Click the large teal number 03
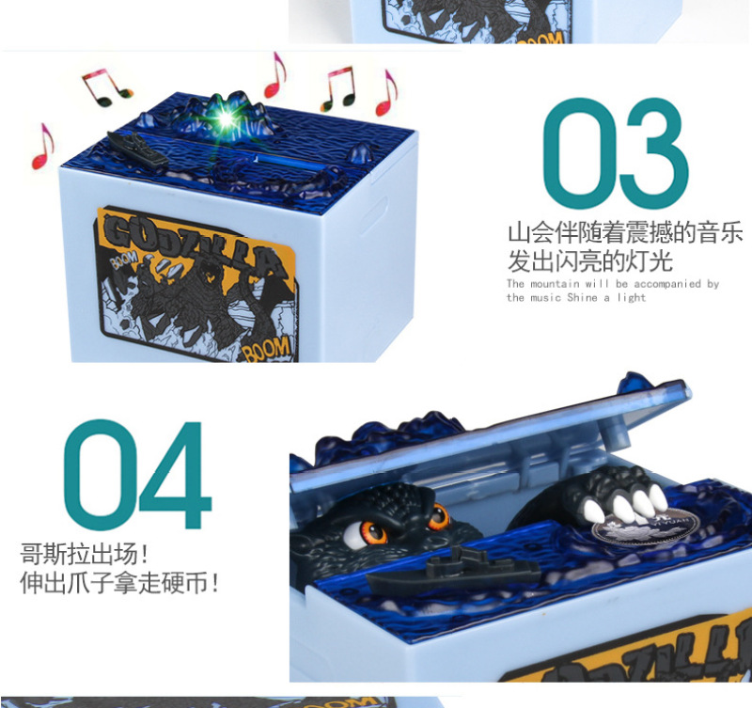(x=616, y=153)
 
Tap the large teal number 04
(x=137, y=474)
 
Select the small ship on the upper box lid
(x=137, y=149)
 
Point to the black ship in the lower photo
(x=452, y=571)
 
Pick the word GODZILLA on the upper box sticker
(x=192, y=244)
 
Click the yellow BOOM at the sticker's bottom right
(x=268, y=350)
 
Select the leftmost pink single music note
(x=42, y=146)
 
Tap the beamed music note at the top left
(x=106, y=87)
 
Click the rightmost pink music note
(x=386, y=93)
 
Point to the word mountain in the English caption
(x=553, y=284)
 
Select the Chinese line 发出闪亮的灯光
(x=590, y=261)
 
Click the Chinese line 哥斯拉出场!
(x=85, y=554)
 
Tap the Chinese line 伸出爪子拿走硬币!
(x=119, y=583)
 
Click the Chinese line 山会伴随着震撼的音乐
(x=625, y=232)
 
